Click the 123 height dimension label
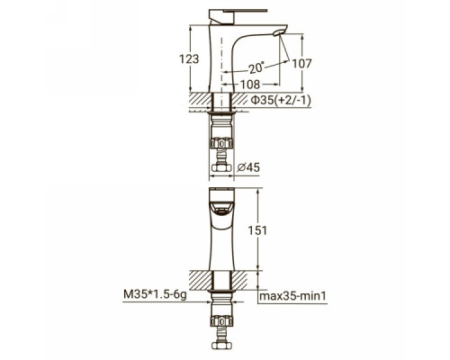click(189, 58)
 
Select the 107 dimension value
click(302, 64)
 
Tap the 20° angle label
click(256, 67)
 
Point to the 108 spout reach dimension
click(250, 85)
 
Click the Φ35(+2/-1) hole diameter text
click(281, 101)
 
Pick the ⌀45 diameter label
click(248, 167)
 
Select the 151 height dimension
click(257, 230)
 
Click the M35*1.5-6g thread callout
click(155, 294)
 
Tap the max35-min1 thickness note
click(292, 296)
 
